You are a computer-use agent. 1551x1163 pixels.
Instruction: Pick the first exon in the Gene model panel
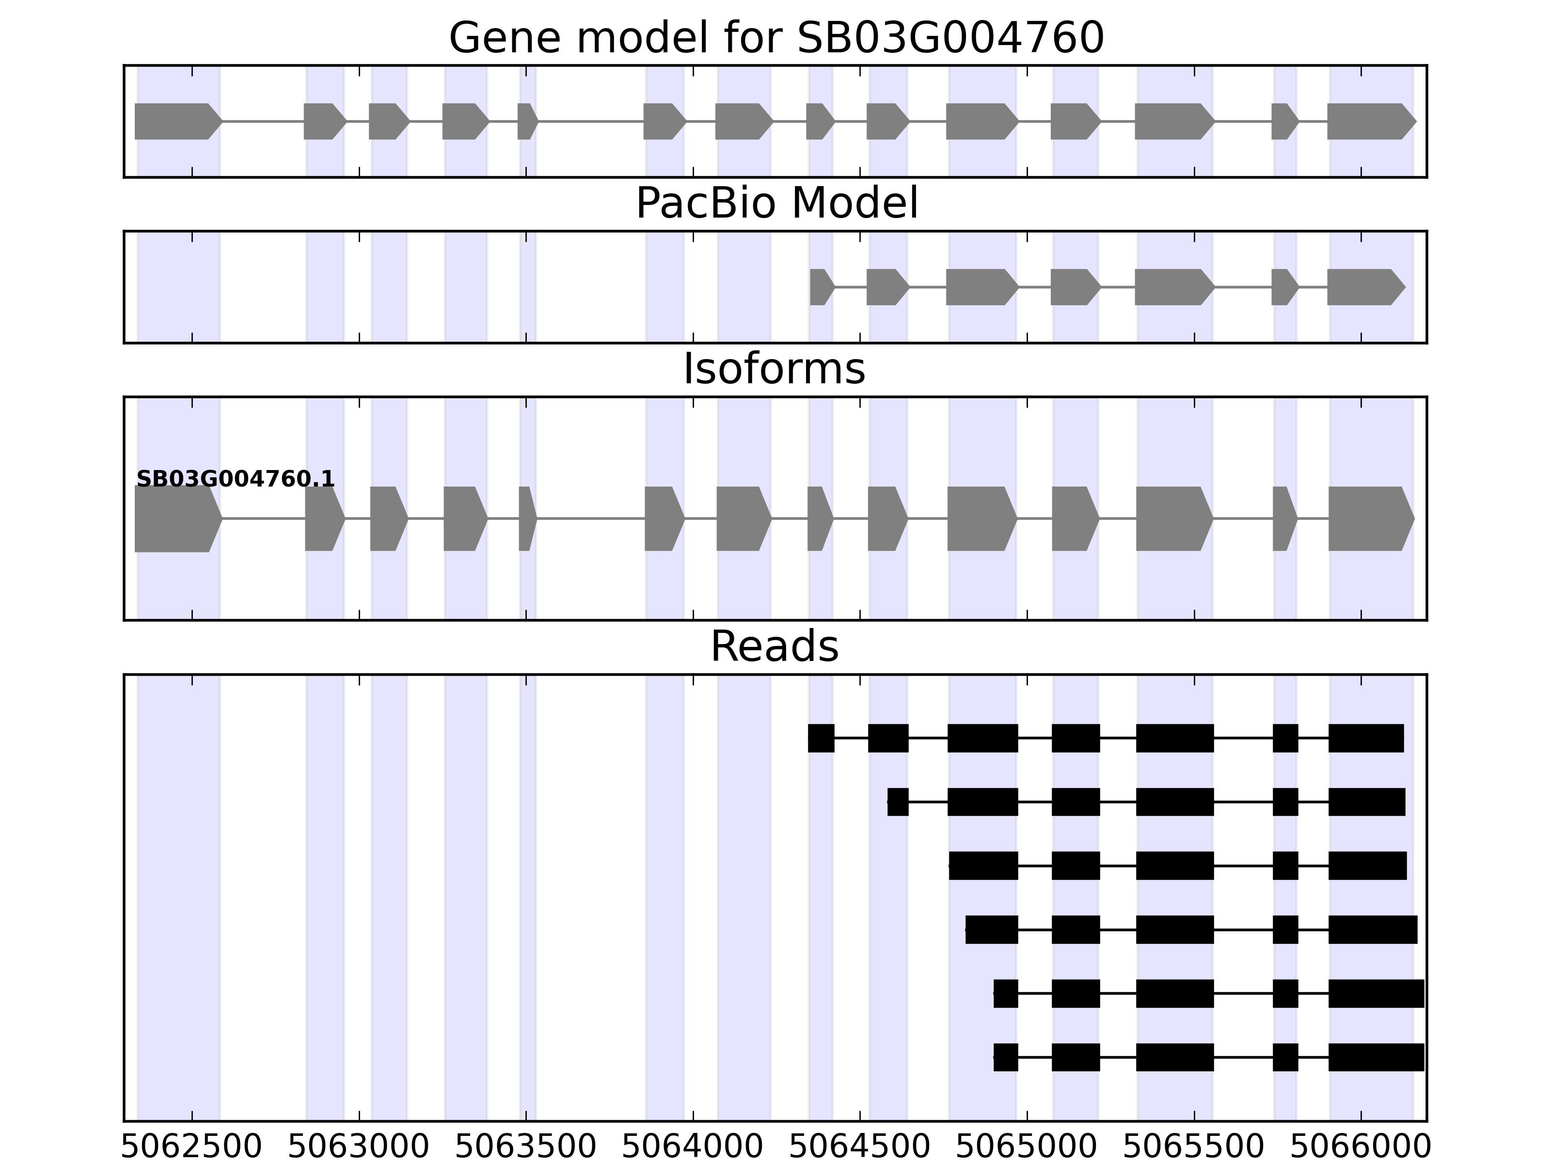(175, 121)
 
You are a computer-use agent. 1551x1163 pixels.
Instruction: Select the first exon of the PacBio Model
(821, 287)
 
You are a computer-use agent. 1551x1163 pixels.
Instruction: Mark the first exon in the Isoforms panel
(175, 519)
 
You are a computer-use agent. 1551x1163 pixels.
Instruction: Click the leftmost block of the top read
(821, 738)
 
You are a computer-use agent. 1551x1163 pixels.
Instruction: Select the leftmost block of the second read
(898, 802)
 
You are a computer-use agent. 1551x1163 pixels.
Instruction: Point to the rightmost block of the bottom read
(1376, 1057)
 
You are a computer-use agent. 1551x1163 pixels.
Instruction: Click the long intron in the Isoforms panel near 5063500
(590, 519)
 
